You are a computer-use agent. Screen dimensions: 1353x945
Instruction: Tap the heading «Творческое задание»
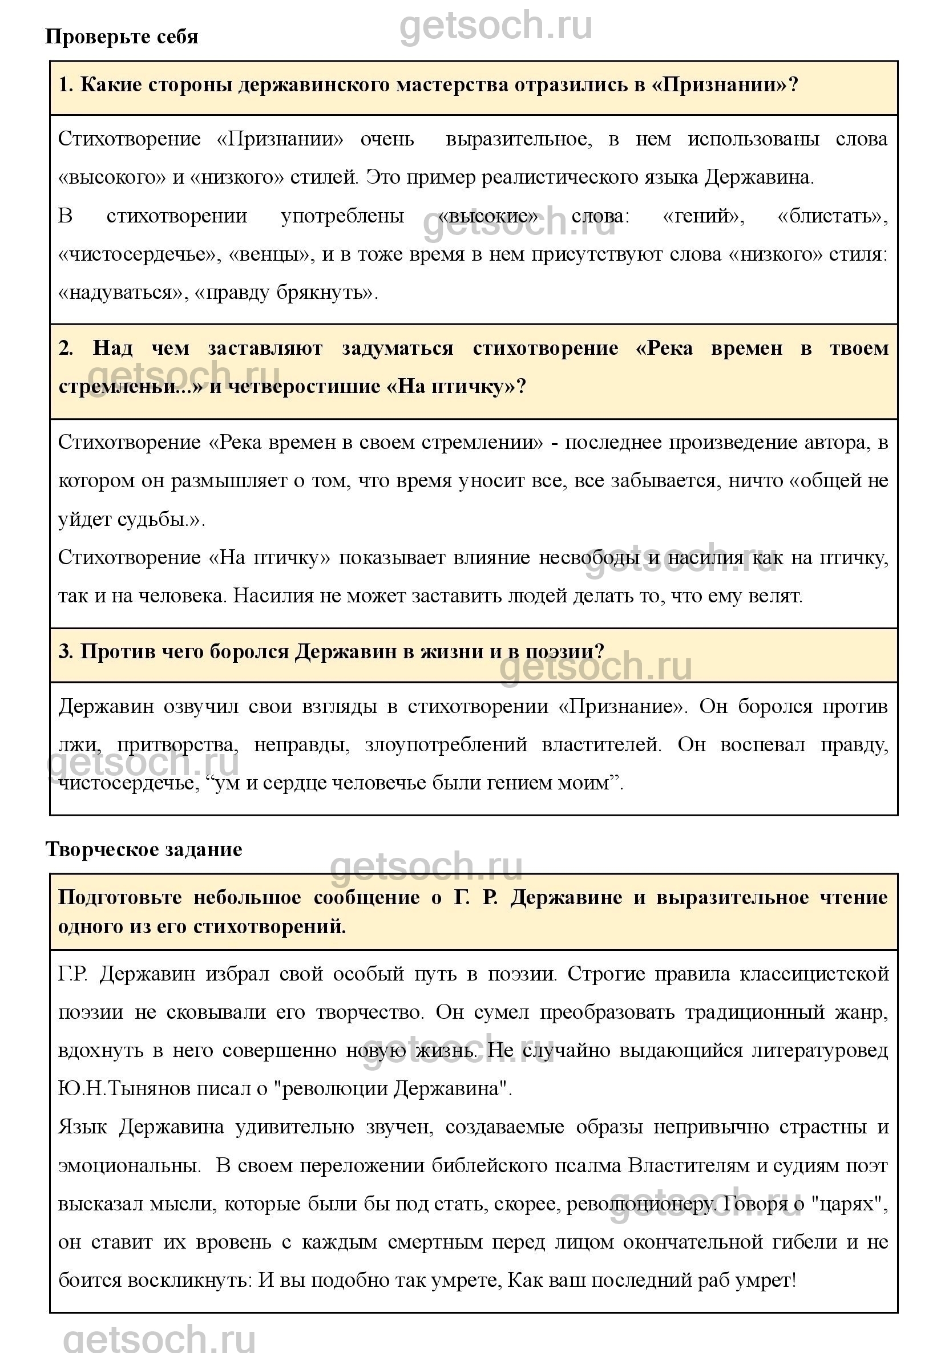click(144, 850)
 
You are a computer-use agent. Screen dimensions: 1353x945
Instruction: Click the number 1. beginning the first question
click(66, 86)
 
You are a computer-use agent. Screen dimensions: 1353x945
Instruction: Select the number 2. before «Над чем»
click(66, 349)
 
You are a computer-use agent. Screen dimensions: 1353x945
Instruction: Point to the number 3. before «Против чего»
click(66, 652)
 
